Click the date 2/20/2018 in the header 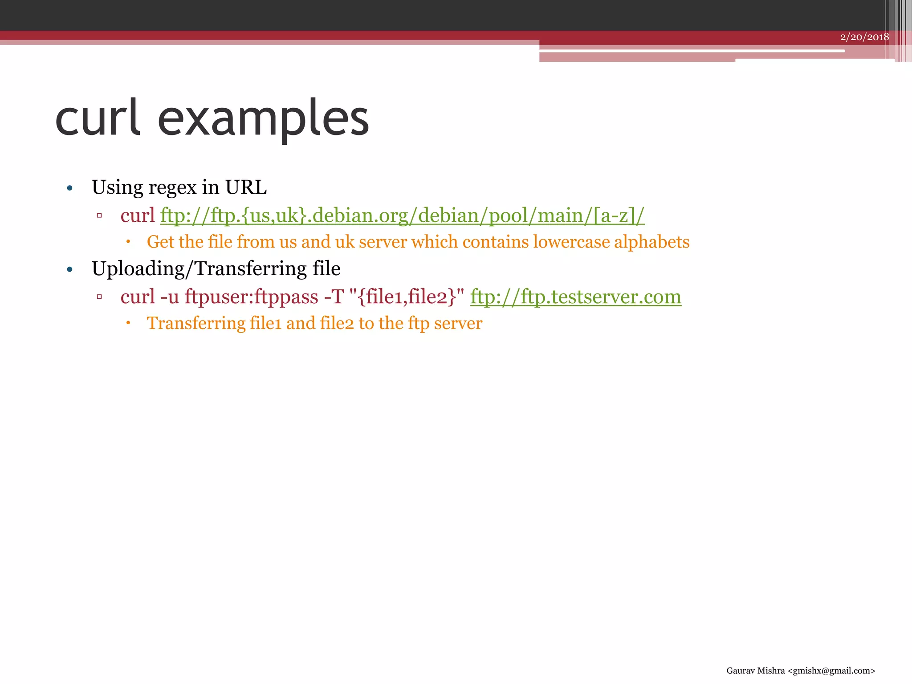[x=864, y=37]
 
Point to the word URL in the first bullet [x=246, y=187]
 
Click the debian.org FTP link [x=402, y=216]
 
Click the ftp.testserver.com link [x=575, y=297]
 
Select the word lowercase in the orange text [x=571, y=242]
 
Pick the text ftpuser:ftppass [x=251, y=297]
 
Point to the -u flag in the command [x=170, y=297]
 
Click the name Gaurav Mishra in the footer [x=755, y=671]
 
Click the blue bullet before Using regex [x=69, y=188]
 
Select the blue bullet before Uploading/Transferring [x=69, y=269]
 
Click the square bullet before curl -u [x=99, y=297]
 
